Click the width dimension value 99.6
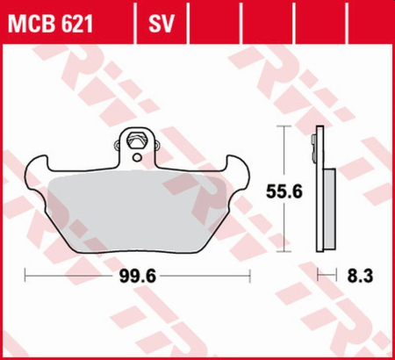coord(137,275)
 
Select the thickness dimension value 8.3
coord(360,275)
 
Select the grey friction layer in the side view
coord(327,206)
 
